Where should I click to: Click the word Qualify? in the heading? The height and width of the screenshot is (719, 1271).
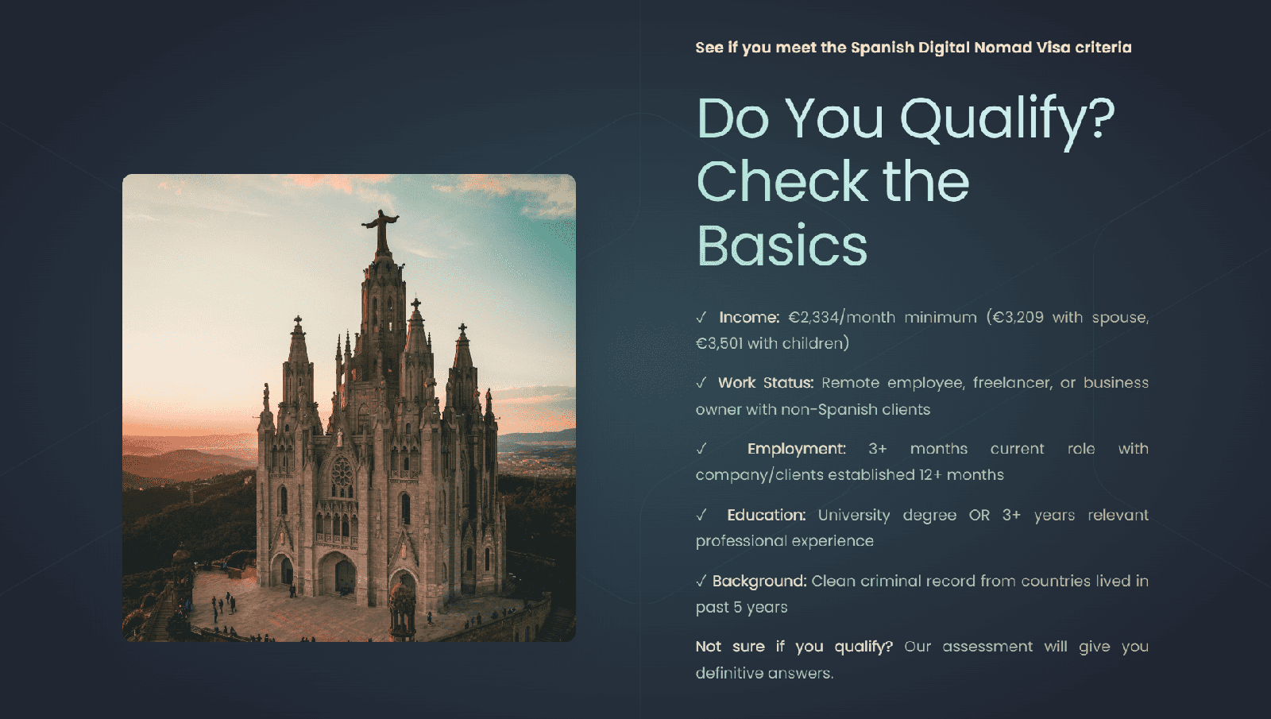[x=1007, y=122]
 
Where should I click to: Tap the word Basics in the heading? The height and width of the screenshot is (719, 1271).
[x=782, y=245]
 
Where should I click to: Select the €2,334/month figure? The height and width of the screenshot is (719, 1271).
[x=842, y=317]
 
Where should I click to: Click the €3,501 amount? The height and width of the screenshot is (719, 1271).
[x=719, y=343]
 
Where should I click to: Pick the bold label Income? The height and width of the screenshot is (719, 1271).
[x=749, y=317]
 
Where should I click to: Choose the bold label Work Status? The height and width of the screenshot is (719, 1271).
[x=766, y=383]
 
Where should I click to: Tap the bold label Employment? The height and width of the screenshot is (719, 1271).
[x=796, y=449]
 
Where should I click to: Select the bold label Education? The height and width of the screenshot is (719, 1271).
[x=766, y=516]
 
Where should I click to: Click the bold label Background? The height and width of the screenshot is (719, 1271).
[x=759, y=582]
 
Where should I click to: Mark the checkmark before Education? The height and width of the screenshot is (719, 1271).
[x=701, y=516]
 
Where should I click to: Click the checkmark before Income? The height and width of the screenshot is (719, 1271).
[x=701, y=317]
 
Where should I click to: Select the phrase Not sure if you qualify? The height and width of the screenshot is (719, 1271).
[x=794, y=647]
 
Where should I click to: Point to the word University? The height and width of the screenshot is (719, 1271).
[x=854, y=516]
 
